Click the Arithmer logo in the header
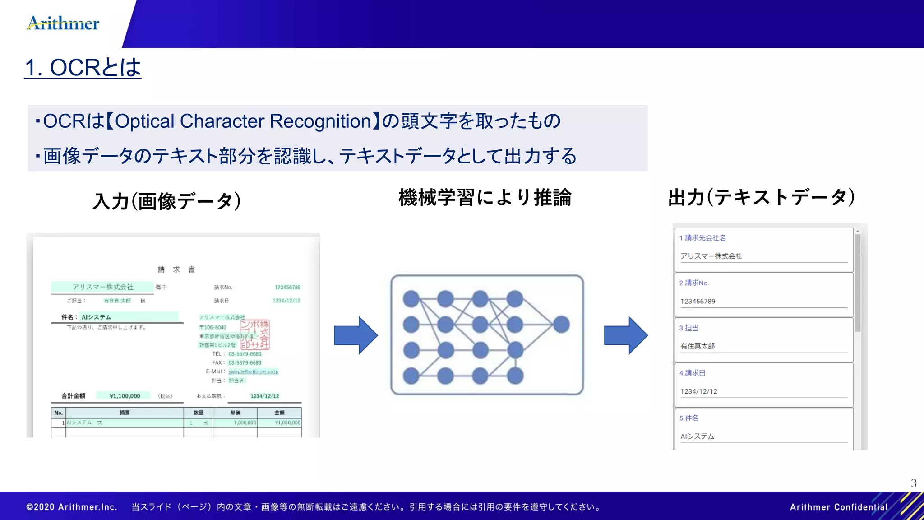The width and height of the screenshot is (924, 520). pyautogui.click(x=63, y=23)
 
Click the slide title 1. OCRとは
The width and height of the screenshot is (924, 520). pyautogui.click(x=83, y=68)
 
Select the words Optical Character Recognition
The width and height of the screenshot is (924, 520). pyautogui.click(x=243, y=121)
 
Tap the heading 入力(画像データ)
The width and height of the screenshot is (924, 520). pyautogui.click(x=166, y=201)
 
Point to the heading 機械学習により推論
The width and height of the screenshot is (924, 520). pyautogui.click(x=485, y=198)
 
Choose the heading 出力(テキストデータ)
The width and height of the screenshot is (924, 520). pyautogui.click(x=761, y=197)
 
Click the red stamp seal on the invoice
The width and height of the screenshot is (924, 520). pyautogui.click(x=255, y=335)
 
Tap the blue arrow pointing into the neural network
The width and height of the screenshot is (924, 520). pyautogui.click(x=356, y=335)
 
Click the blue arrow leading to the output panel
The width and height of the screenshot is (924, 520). pyautogui.click(x=626, y=335)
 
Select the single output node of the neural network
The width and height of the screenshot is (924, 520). pyautogui.click(x=561, y=324)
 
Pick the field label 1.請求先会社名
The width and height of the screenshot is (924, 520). pyautogui.click(x=702, y=238)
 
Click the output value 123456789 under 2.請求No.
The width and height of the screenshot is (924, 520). pyautogui.click(x=698, y=301)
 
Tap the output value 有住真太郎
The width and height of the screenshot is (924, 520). pyautogui.click(x=698, y=346)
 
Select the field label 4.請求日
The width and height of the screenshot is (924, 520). pyautogui.click(x=692, y=373)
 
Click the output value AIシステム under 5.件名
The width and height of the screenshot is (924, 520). pyautogui.click(x=697, y=436)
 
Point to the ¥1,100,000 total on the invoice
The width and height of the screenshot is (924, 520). pyautogui.click(x=125, y=396)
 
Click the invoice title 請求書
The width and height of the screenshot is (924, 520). pyautogui.click(x=176, y=269)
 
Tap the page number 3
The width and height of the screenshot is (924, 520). pyautogui.click(x=914, y=483)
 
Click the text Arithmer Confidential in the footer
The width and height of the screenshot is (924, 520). pyautogui.click(x=839, y=507)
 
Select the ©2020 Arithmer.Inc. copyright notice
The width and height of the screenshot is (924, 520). pyautogui.click(x=72, y=507)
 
